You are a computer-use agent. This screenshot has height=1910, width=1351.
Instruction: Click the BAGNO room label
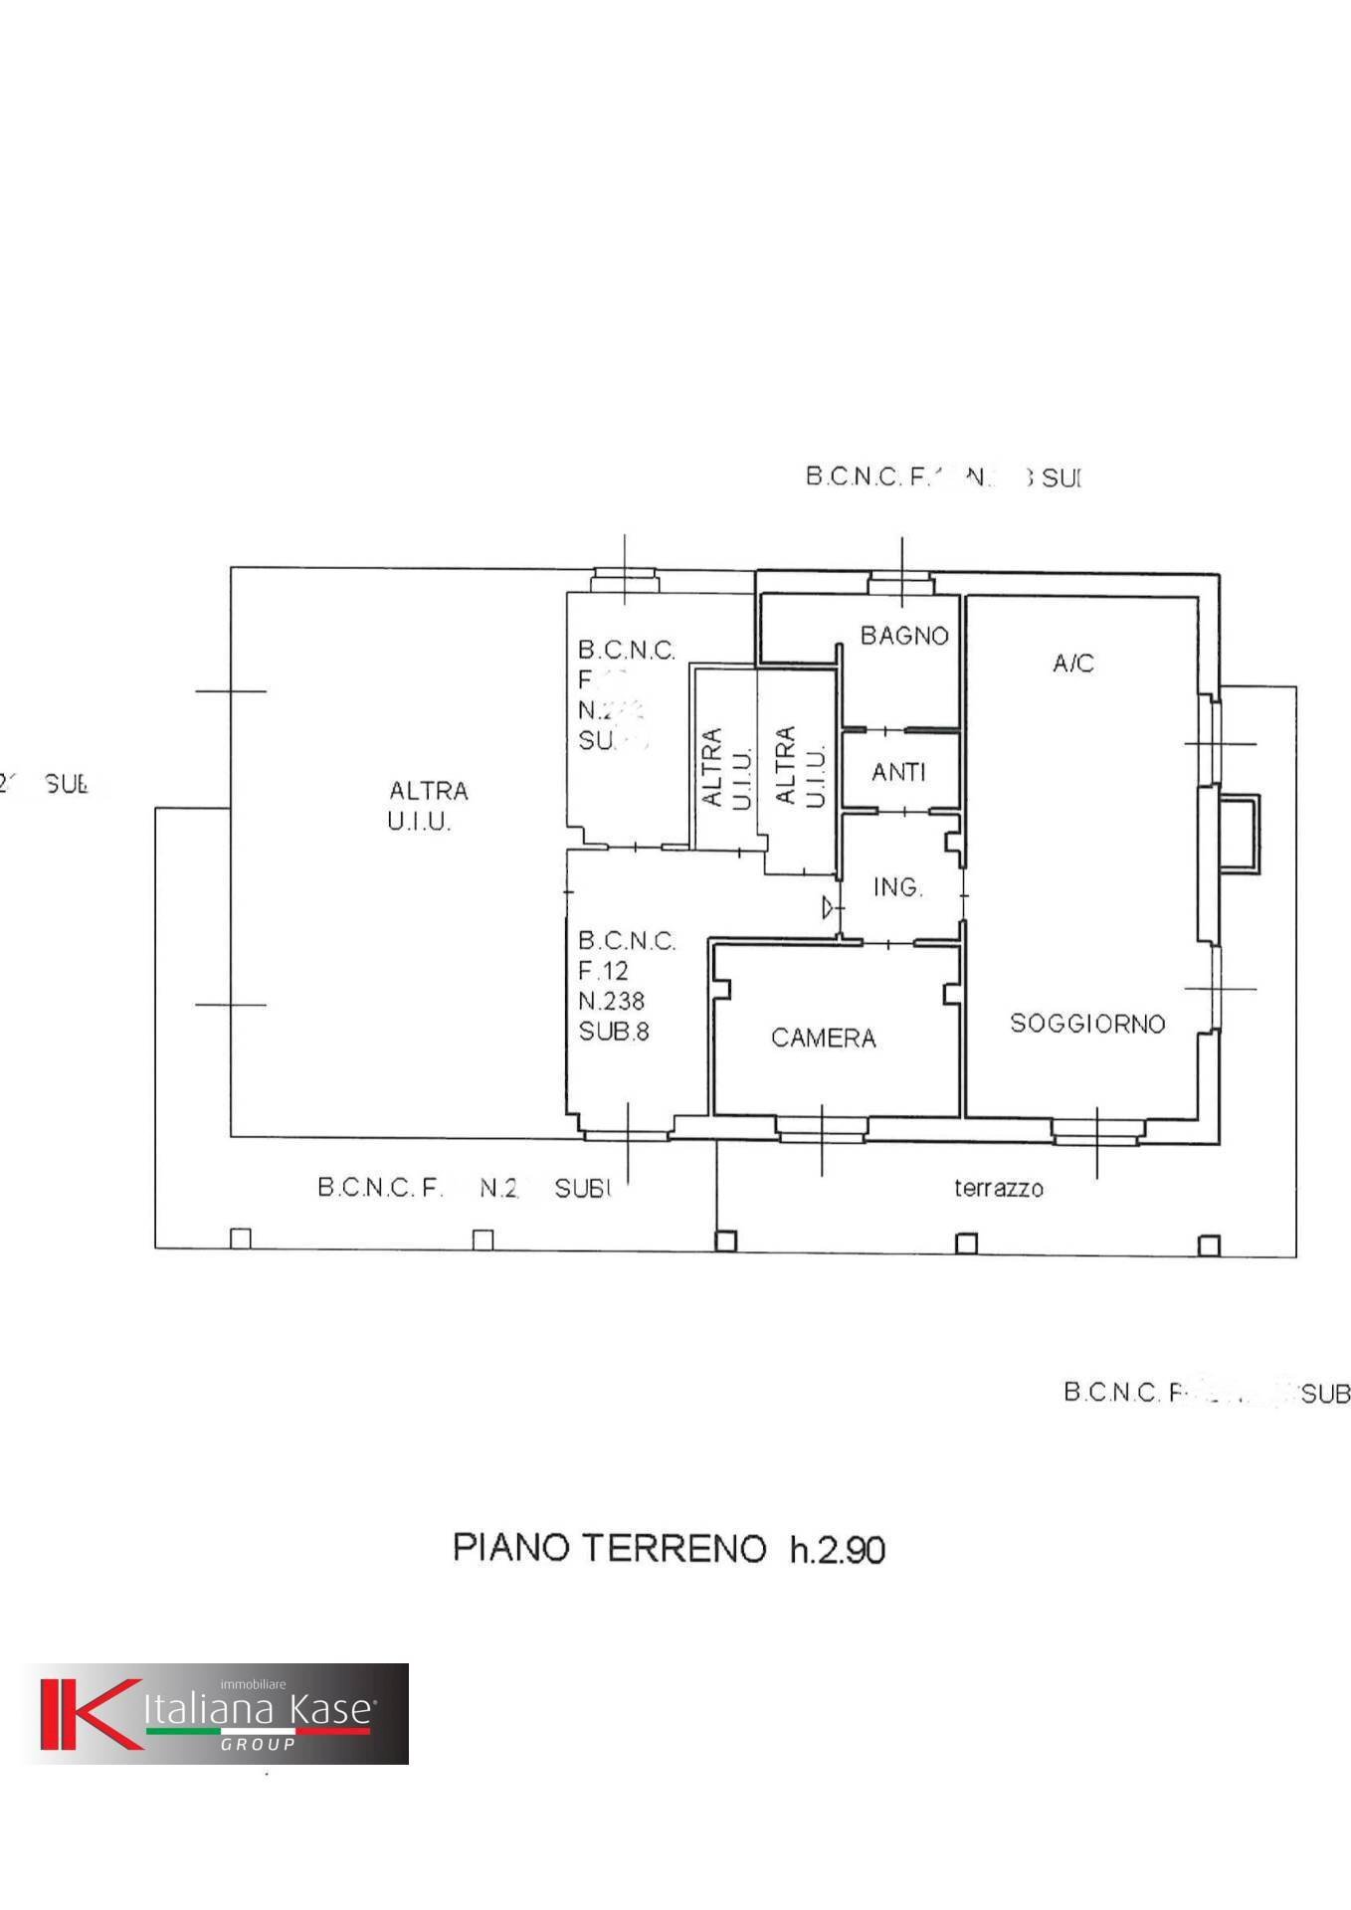tap(903, 635)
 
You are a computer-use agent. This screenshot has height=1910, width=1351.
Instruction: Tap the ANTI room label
tap(898, 771)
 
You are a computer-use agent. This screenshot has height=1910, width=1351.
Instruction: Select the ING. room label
tap(897, 886)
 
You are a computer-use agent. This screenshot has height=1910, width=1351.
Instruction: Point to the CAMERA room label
tap(823, 1038)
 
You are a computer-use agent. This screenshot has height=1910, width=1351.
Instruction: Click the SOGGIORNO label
tap(1086, 1023)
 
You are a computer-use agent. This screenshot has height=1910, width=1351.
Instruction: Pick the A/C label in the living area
tap(1072, 663)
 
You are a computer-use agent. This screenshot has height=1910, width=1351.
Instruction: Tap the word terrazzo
tap(998, 1187)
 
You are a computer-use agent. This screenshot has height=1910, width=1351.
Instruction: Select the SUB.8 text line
tap(613, 1032)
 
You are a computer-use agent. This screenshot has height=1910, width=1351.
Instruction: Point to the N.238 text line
tap(611, 1001)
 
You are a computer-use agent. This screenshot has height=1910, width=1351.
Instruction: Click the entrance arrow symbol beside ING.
tap(828, 907)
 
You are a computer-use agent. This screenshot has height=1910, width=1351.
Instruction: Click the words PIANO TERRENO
tap(609, 1548)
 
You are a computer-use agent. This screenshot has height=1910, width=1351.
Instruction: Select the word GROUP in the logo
tap(258, 1744)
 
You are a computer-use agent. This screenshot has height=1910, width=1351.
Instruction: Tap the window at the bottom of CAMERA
tap(821, 1126)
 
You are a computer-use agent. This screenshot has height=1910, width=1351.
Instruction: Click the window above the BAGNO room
tap(900, 580)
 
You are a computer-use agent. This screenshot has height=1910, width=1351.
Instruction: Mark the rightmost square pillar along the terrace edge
tap(1208, 1244)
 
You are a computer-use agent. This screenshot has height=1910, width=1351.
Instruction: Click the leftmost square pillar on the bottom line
tap(240, 1239)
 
